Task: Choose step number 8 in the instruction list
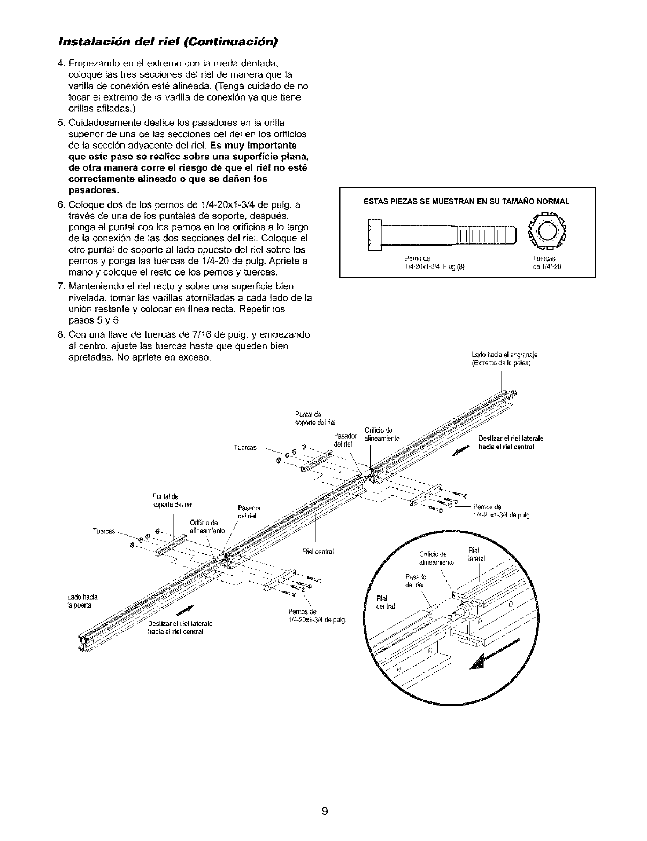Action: pyautogui.click(x=60, y=335)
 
